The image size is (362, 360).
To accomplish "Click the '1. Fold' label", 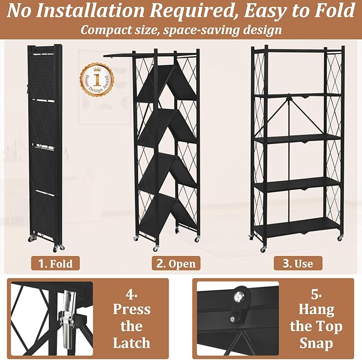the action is [x=55, y=263].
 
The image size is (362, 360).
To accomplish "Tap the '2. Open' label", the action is [x=176, y=263].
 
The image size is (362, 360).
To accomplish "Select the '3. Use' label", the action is [x=298, y=263].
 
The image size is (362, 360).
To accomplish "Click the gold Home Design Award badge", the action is [x=97, y=80].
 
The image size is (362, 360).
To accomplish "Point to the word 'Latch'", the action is [x=132, y=343].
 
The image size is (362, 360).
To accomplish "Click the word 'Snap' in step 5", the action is [x=316, y=343].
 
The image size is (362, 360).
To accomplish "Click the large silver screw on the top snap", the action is [x=238, y=297].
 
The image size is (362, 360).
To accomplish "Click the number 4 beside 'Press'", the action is [x=131, y=294].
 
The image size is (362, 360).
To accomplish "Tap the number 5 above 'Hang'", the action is [x=316, y=294].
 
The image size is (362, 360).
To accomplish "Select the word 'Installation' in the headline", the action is [x=90, y=11].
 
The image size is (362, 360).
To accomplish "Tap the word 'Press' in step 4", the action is [x=132, y=309].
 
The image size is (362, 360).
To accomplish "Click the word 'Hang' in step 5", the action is [x=316, y=310].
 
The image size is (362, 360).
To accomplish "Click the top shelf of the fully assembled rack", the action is [x=298, y=51].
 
